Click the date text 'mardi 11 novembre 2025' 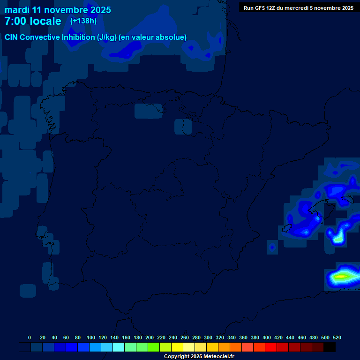point(58,10)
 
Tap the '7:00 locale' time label point(33,22)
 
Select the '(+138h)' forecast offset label point(83,21)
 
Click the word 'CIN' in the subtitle point(12,37)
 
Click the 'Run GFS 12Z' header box point(299,7)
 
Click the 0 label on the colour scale point(30,338)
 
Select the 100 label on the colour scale point(91,338)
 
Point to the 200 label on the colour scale point(150,338)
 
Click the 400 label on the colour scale point(267,338)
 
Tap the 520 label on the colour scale point(337,338)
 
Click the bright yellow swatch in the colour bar point(177,347)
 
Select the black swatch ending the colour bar point(330,347)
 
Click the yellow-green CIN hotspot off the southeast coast point(341,277)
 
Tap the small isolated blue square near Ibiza point(272,247)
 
